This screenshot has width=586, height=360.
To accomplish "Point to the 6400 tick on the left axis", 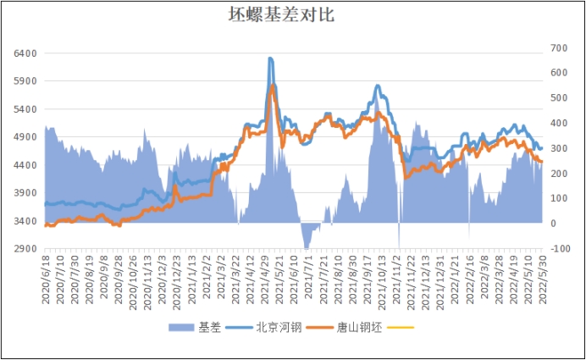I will click(x=26, y=53).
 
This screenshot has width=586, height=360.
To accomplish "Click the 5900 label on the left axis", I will click(x=26, y=81).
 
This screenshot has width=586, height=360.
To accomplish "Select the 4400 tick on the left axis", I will click(x=26, y=165).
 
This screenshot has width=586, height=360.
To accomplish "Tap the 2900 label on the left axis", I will click(x=26, y=249).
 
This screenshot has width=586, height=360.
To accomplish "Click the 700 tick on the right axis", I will click(x=560, y=47).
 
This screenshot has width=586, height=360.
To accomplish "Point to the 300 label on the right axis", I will click(x=560, y=147).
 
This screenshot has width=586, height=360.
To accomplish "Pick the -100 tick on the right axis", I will click(x=560, y=248).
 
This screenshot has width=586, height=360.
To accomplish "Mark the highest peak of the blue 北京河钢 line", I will click(x=270, y=58).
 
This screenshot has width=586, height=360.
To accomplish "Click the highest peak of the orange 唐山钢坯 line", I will click(x=273, y=85).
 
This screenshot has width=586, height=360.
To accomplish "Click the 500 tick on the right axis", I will click(x=560, y=97).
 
